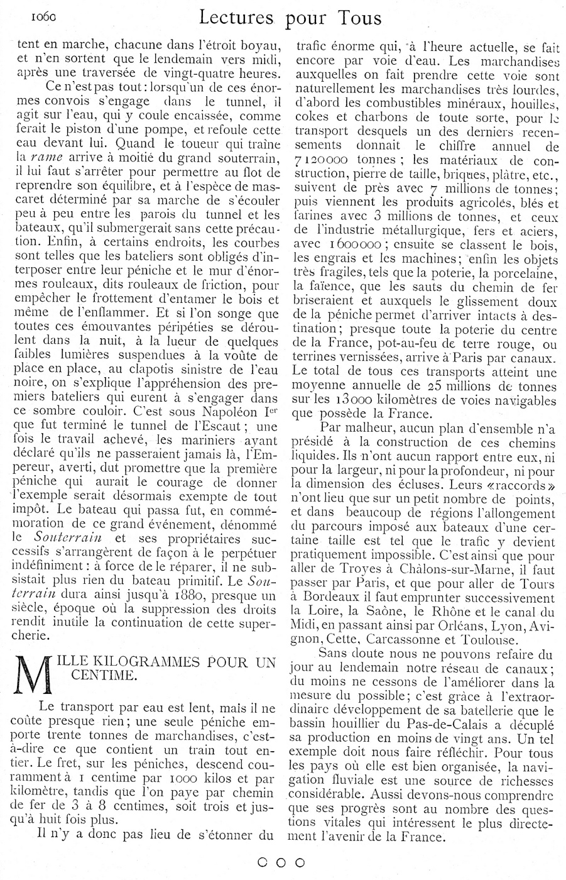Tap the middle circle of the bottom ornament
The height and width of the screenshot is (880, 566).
[281, 862]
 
